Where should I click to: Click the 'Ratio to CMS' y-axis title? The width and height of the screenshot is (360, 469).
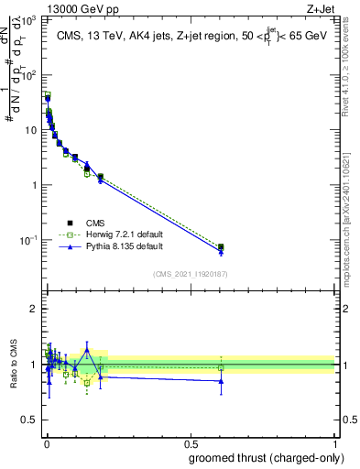14,363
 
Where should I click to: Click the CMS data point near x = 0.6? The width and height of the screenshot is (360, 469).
221,246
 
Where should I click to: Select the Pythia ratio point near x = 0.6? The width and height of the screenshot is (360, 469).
221,380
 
